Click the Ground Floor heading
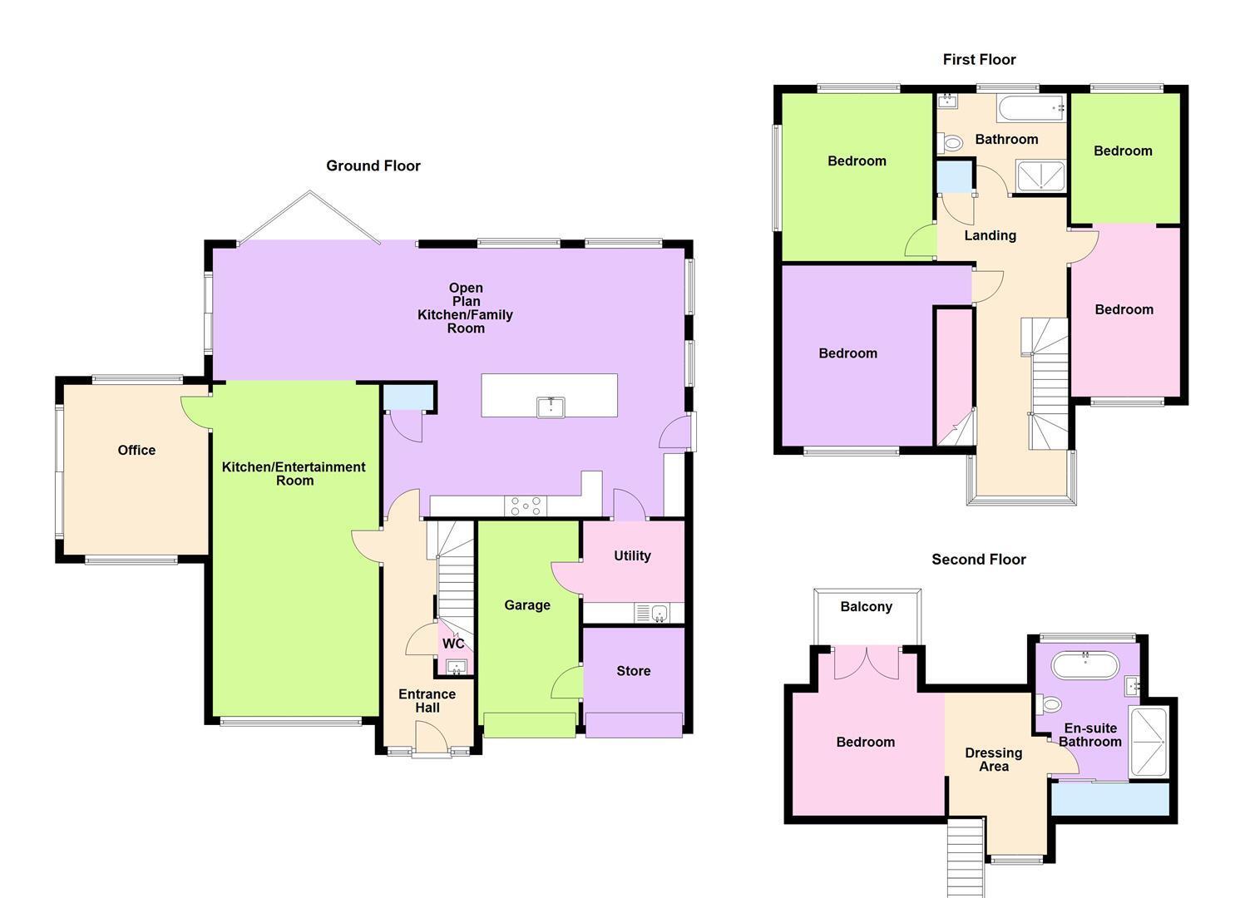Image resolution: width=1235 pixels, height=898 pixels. [373, 166]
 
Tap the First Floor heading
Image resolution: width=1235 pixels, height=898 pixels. [979, 60]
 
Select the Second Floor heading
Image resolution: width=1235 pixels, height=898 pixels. [979, 560]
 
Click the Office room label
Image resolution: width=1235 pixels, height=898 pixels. [136, 451]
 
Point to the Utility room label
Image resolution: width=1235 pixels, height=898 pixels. [632, 555]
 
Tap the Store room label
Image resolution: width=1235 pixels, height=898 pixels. [634, 671]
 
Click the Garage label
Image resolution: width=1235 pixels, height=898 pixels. [527, 605]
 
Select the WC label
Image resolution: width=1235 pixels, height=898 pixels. [453, 644]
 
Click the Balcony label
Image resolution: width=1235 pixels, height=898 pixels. [866, 607]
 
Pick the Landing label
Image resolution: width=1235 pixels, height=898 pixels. [990, 236]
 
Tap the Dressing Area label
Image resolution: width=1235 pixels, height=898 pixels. [994, 760]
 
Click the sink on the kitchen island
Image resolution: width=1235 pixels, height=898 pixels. [551, 407]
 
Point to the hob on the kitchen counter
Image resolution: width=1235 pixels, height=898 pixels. [526, 506]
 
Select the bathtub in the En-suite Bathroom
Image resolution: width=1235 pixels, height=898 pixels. [1085, 665]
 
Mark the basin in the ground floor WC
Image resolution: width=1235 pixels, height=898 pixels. [457, 668]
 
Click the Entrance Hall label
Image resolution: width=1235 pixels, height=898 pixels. [427, 701]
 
